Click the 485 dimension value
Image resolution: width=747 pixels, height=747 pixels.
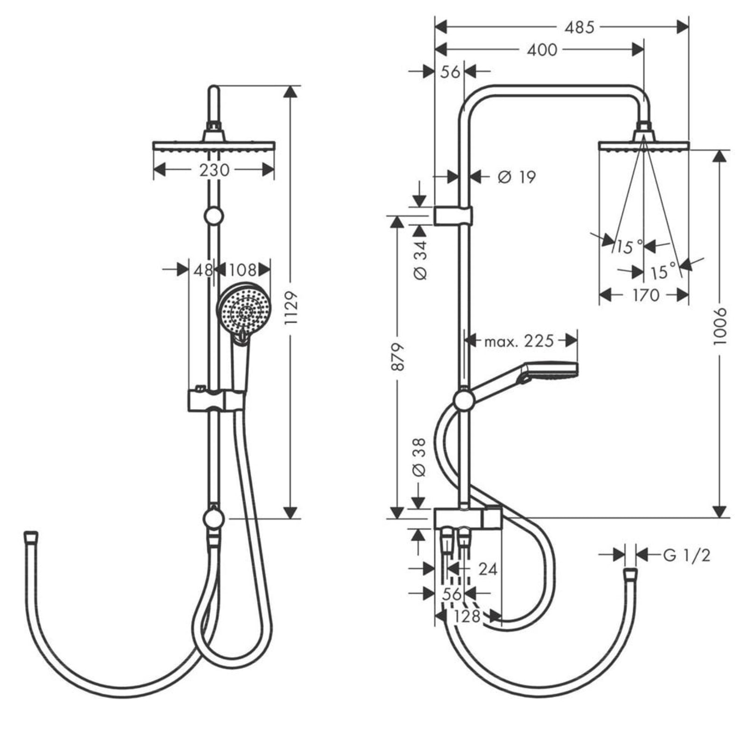(579, 28)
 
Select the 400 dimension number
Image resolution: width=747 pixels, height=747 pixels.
(542, 49)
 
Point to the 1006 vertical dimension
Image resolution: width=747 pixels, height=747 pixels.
(720, 326)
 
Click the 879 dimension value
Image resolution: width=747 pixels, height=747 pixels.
(397, 357)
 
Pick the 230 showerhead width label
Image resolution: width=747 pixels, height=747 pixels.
(214, 170)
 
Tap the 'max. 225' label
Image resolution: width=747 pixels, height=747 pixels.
(519, 341)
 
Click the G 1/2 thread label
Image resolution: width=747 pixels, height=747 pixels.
(687, 555)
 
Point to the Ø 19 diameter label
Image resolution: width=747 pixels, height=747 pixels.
(517, 177)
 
